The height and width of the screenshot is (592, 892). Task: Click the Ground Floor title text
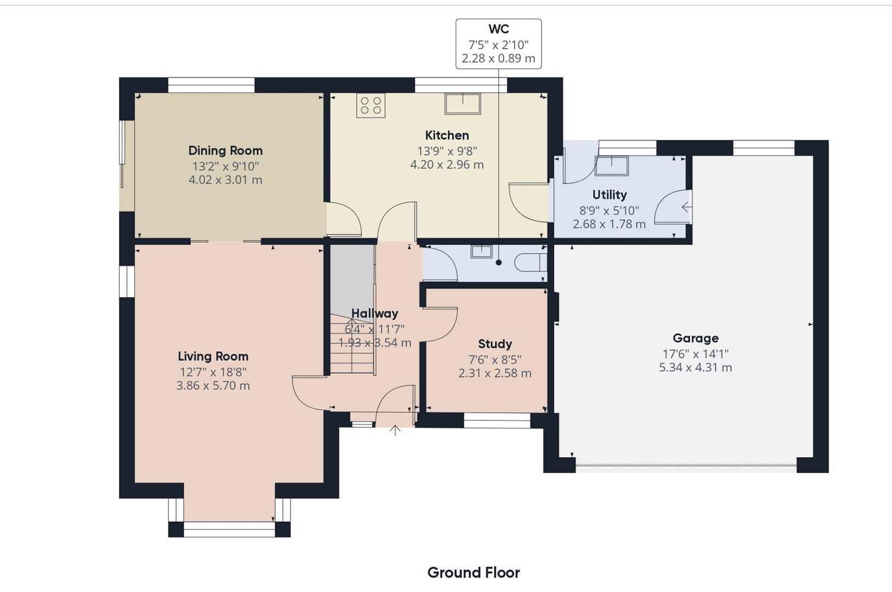click(x=474, y=573)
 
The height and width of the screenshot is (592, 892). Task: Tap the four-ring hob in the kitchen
click(x=371, y=105)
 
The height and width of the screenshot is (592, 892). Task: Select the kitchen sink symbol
click(x=463, y=104)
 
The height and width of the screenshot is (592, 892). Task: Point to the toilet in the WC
click(x=530, y=263)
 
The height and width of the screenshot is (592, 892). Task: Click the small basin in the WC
click(x=482, y=252)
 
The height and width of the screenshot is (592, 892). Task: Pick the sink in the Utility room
click(x=612, y=166)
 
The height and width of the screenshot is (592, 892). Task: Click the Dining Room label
click(x=225, y=151)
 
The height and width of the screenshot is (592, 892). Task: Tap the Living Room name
click(x=213, y=356)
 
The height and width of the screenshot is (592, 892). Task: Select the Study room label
click(x=495, y=344)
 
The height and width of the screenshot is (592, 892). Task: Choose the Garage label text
click(x=696, y=338)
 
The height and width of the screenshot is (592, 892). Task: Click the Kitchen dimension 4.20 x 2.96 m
click(x=447, y=164)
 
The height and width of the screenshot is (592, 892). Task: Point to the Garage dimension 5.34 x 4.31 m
click(x=695, y=367)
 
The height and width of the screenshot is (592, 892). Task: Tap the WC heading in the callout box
click(x=498, y=29)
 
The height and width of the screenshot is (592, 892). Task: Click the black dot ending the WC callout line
click(x=498, y=263)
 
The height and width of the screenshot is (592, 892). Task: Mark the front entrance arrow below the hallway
click(x=395, y=430)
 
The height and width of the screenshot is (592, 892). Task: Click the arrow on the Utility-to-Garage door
click(x=686, y=207)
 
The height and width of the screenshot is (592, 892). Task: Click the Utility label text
click(x=609, y=195)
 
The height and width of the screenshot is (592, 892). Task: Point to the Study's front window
click(x=497, y=420)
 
